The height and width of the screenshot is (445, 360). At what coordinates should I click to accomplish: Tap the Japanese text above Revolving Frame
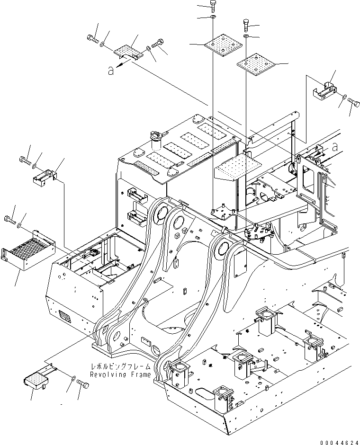pyautogui.click(x=121, y=366)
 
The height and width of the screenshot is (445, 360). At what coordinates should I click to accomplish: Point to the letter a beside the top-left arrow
pyautogui.click(x=110, y=71)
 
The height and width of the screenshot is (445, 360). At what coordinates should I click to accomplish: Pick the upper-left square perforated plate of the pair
pyautogui.click(x=220, y=45)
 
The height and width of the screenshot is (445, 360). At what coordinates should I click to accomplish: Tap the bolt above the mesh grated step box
pyautogui.click(x=9, y=219)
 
